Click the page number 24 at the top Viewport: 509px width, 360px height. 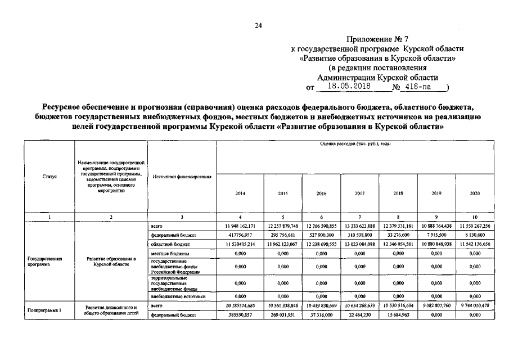point(258,25)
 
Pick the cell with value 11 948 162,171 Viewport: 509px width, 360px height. point(240,225)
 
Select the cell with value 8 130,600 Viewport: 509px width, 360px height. point(474,235)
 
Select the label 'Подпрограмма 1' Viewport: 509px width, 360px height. point(44,310)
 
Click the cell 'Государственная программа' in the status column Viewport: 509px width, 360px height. point(44,261)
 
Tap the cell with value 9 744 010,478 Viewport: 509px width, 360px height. point(474,305)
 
